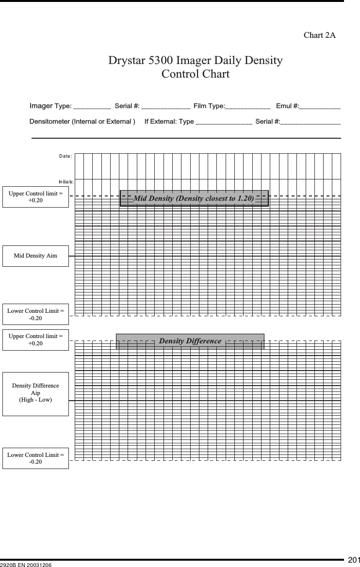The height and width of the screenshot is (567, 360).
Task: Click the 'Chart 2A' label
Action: click(x=319, y=35)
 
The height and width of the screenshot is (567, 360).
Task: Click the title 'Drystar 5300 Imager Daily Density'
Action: click(x=195, y=61)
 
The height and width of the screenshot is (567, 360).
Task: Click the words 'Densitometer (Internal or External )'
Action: click(x=82, y=121)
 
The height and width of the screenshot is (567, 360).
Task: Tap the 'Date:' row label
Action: click(x=65, y=156)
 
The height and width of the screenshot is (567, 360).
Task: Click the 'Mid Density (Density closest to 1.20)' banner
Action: click(x=194, y=198)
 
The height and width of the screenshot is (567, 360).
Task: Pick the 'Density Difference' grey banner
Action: click(x=190, y=341)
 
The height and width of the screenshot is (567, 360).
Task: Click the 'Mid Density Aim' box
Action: click(x=35, y=256)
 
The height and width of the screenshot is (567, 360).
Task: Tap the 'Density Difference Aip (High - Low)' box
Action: click(x=35, y=393)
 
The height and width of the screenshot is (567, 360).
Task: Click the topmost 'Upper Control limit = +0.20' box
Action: click(x=35, y=197)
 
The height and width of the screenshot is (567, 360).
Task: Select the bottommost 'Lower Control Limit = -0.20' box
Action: click(x=35, y=458)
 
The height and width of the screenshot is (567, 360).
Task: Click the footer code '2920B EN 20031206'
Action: click(x=26, y=565)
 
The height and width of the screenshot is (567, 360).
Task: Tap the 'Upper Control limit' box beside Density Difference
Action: click(x=35, y=340)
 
